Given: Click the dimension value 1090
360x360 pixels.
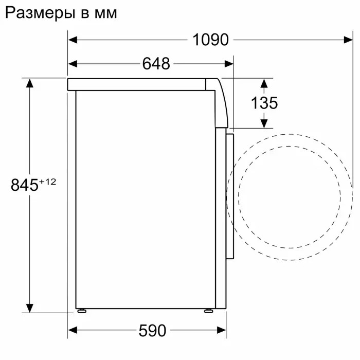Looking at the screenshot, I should pos(210,39).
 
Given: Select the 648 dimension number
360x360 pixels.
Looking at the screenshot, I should pos(156,64).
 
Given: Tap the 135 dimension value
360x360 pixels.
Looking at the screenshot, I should pos(264,103).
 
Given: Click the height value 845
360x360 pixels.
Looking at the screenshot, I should pos(25,185).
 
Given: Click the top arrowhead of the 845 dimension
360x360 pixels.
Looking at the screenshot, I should pos(30,83).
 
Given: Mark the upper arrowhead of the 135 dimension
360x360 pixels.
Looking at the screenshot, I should pos(264,83).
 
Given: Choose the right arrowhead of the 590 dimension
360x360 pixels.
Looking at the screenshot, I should pos(223,330).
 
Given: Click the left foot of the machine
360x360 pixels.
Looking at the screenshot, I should pos(82,311).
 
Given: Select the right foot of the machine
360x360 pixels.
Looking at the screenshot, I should pos(208,311).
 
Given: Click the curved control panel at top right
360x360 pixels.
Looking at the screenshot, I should pos(220,103).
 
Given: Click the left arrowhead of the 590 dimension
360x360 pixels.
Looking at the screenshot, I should pos(73,330).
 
